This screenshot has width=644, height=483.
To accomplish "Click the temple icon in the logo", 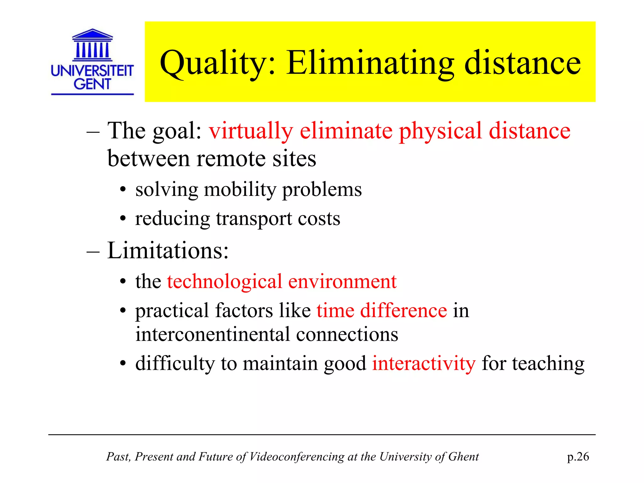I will (x=92, y=45).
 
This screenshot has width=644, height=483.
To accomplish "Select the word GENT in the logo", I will (x=92, y=84).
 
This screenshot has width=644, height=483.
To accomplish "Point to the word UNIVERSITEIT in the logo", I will (x=92, y=71).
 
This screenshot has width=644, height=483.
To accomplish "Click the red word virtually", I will (x=251, y=131).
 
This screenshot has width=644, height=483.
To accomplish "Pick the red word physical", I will (x=440, y=131).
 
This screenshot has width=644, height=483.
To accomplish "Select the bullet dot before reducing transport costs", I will (x=123, y=219).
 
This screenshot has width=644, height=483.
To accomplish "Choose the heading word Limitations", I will (x=168, y=251).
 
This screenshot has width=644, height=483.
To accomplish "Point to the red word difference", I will (x=403, y=310).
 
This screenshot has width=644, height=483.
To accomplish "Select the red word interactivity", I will (x=424, y=364).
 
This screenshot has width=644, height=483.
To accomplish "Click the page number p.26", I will (x=578, y=457).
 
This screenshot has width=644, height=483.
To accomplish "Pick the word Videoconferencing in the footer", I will (x=297, y=457).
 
